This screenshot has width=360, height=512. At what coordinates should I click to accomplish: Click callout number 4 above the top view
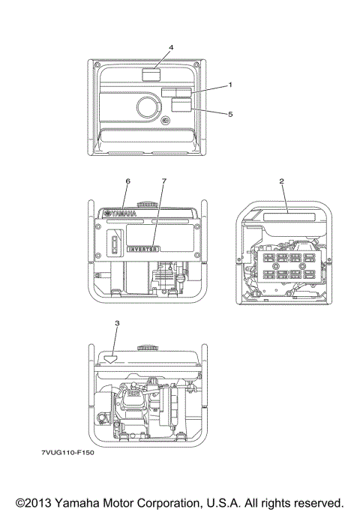[x=171, y=47]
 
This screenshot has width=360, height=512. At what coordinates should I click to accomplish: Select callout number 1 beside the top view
[x=229, y=85]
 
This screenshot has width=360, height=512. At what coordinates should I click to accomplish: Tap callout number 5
[x=229, y=114]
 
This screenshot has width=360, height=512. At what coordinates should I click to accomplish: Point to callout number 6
[x=128, y=181]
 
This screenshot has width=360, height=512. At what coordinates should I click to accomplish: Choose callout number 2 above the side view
[x=281, y=181]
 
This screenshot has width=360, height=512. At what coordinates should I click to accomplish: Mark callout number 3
[x=116, y=322]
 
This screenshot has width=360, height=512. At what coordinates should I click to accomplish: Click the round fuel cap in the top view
[x=148, y=106]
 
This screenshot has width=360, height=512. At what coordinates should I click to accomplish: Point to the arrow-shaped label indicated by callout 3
[x=111, y=358]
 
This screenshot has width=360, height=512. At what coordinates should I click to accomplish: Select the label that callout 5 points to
[x=181, y=106]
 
